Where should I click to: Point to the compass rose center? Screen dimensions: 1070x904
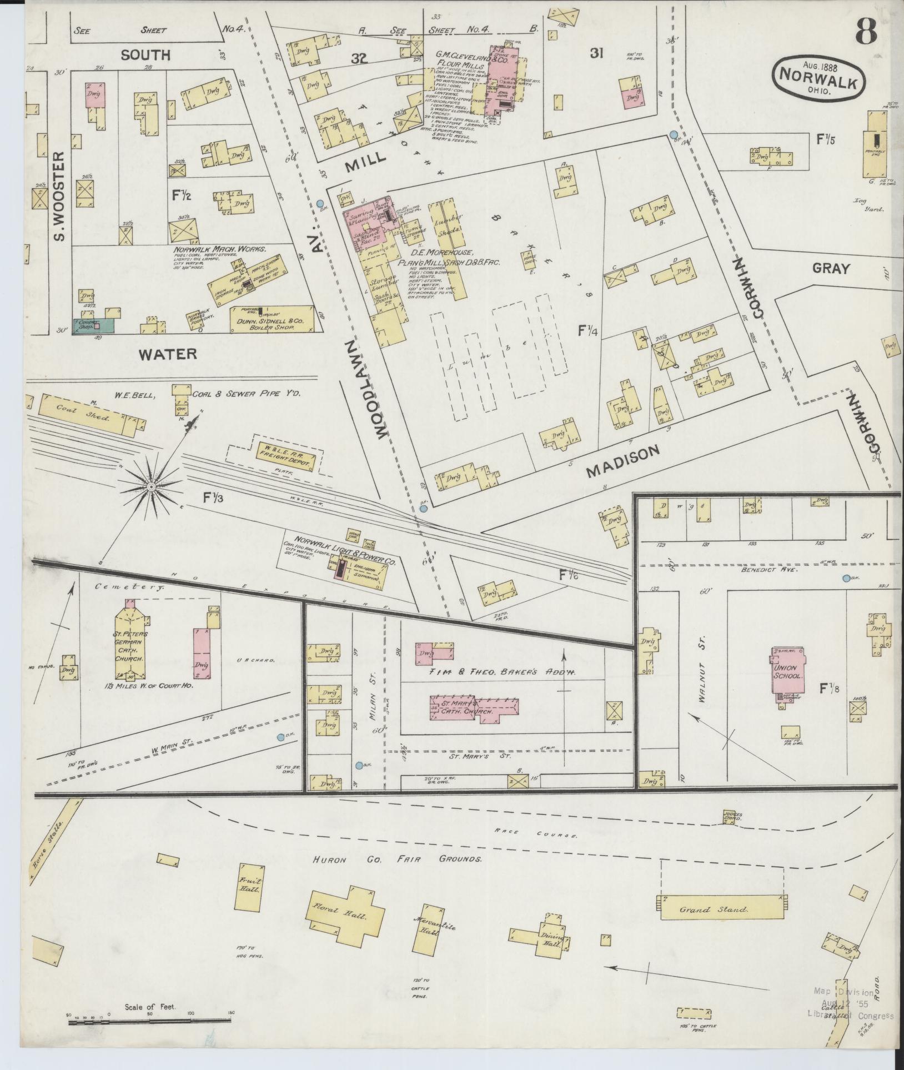click(x=150, y=487)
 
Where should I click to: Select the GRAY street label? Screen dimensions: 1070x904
click(x=831, y=269)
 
